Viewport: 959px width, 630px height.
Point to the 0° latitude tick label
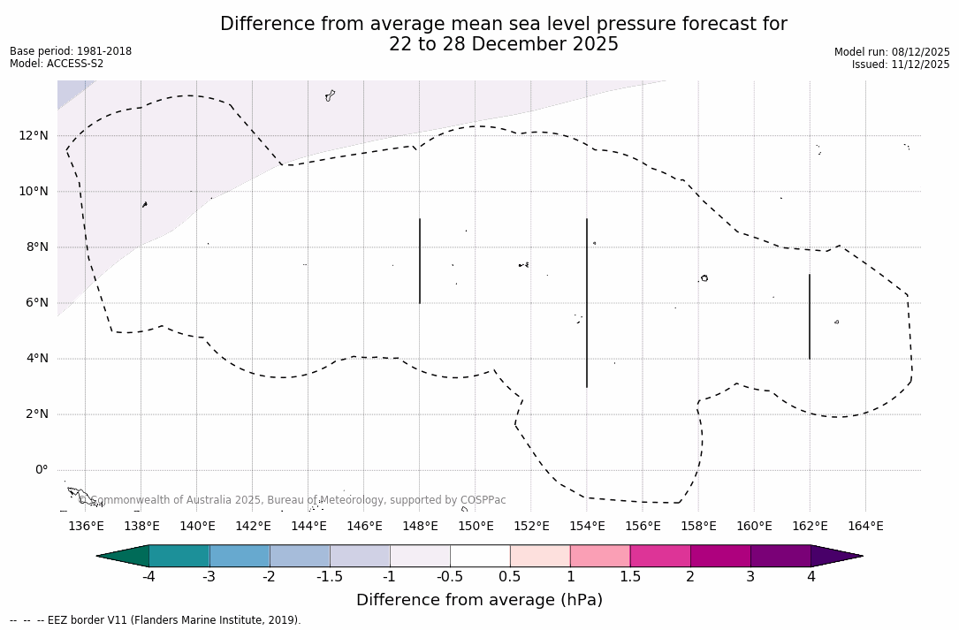click(41, 470)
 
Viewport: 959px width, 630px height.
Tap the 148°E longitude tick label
click(420, 527)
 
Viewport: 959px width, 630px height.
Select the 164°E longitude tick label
click(865, 527)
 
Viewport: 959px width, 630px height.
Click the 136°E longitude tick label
click(86, 527)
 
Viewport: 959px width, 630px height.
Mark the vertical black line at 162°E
click(810, 316)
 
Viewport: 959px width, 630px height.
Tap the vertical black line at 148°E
click(420, 261)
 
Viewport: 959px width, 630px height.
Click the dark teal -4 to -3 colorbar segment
click(179, 556)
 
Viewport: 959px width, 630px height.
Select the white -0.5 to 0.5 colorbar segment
click(480, 556)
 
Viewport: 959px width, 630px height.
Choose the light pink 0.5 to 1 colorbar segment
click(540, 556)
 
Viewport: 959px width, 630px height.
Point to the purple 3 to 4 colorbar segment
click(780, 556)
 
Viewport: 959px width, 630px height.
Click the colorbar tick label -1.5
click(330, 577)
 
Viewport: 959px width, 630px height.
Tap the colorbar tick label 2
click(690, 577)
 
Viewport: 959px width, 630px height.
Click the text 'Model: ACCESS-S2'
click(57, 64)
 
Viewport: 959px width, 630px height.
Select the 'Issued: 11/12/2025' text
click(901, 65)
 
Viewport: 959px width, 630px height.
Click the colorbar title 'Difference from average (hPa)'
click(479, 601)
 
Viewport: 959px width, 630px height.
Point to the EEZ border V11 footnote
click(156, 620)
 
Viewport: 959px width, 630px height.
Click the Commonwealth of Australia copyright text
click(293, 500)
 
